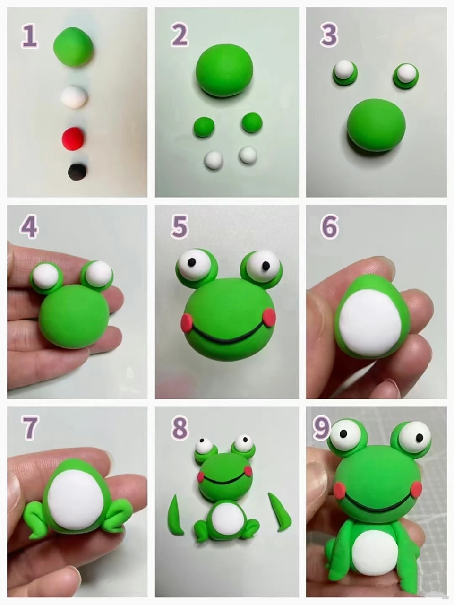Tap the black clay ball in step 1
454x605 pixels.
(x=77, y=172)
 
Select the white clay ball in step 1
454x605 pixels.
(x=74, y=97)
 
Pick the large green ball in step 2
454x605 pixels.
(x=224, y=73)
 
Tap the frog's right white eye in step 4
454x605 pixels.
(x=98, y=273)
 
